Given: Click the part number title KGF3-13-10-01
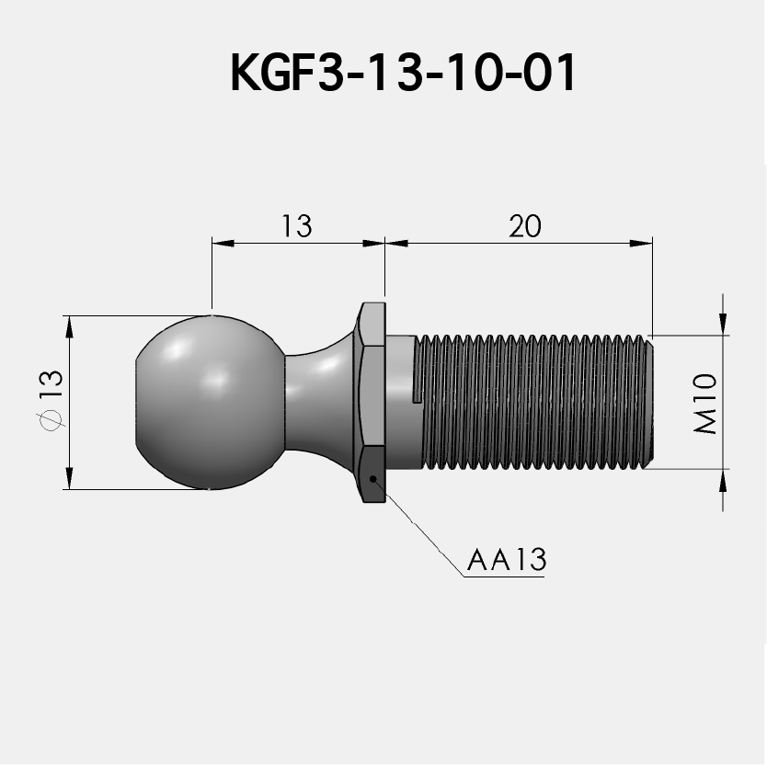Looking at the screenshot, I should [x=403, y=74].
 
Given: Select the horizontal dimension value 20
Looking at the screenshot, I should [x=525, y=226].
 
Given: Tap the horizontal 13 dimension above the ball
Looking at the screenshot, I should [x=296, y=226].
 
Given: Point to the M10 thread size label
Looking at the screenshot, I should [x=706, y=403].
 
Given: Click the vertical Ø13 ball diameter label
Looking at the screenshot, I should [x=50, y=400].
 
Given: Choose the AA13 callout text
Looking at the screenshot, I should [x=506, y=560].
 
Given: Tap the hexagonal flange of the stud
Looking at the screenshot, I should [x=372, y=403].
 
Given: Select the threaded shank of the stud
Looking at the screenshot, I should [x=533, y=401].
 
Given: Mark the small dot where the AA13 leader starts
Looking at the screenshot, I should [x=372, y=478].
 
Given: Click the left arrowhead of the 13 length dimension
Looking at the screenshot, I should [x=221, y=243].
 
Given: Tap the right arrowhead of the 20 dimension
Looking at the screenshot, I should [x=643, y=243].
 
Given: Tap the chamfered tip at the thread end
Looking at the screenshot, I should [x=650, y=402].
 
